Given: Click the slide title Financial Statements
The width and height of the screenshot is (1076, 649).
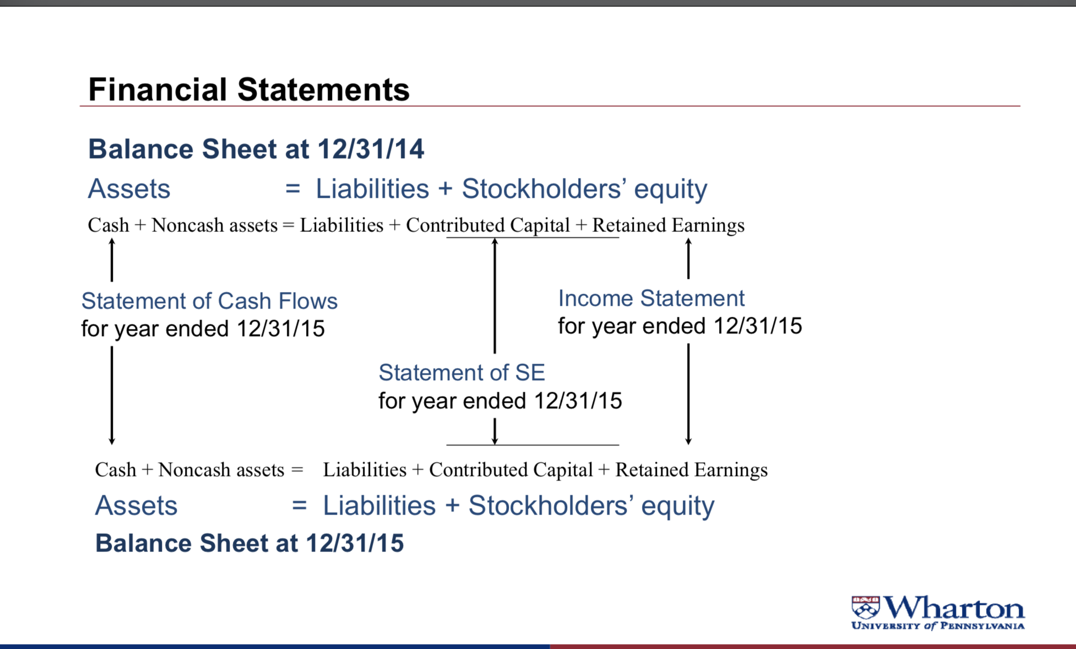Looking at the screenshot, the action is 249,89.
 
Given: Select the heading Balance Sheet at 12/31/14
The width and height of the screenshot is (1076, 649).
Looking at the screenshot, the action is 256,149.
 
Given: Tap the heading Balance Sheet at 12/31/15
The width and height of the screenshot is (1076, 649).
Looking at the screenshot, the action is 249,543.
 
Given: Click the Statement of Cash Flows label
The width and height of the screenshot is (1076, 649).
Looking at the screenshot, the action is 209,301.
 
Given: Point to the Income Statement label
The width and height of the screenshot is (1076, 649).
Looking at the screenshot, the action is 651,298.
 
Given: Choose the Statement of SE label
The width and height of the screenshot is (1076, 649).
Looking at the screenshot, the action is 461,372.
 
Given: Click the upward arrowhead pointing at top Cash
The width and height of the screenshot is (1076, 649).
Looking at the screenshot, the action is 112,241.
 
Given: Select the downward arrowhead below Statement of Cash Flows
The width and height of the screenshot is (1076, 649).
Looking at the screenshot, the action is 112,441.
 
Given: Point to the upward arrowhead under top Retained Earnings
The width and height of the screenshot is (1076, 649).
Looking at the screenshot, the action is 688,241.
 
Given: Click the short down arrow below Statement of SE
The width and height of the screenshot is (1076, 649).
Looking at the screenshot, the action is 494,431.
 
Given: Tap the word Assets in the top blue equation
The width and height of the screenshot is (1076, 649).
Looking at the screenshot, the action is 129,188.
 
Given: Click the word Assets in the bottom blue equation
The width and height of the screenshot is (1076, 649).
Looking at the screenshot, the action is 136,505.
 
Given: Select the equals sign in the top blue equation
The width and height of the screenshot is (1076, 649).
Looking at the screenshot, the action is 293,189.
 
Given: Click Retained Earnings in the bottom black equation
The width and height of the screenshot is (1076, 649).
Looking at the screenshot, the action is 691,470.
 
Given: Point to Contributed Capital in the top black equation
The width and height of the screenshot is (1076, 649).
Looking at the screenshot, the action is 488,225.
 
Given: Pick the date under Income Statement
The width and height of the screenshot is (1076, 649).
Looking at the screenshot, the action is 758,326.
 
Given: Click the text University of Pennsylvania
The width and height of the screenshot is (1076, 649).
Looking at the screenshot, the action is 938,626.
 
